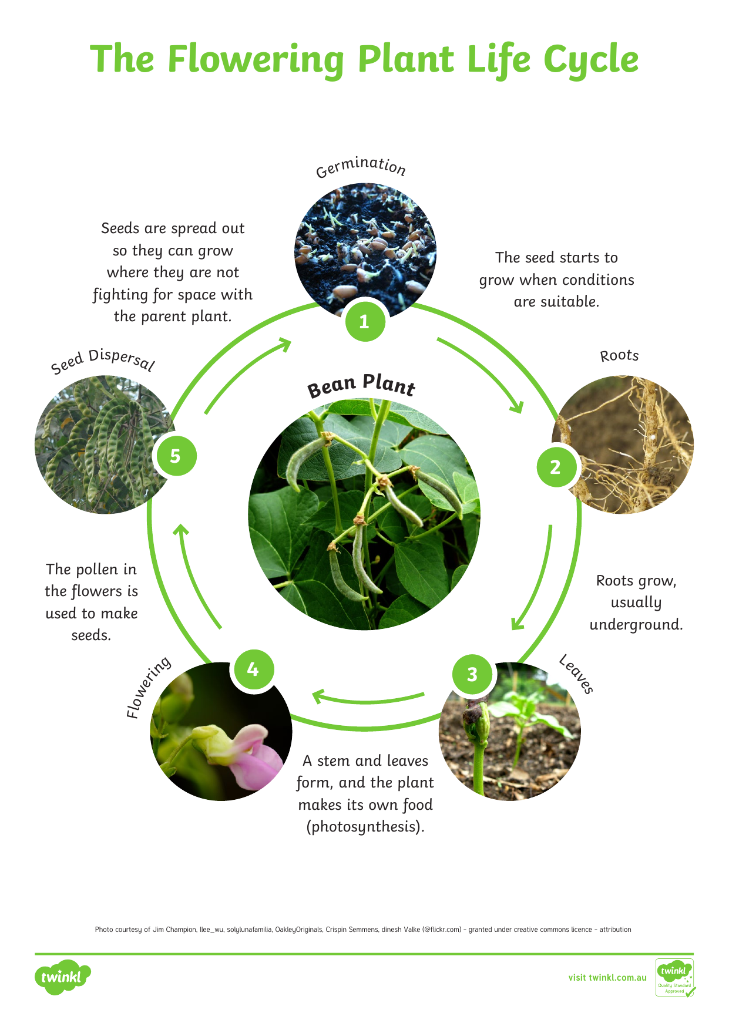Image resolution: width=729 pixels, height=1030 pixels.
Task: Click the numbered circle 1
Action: [365, 321]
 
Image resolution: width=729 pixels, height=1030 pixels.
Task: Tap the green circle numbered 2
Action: [556, 467]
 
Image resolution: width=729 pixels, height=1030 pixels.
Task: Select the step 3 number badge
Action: [472, 674]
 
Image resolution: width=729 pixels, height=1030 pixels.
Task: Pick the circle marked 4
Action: [253, 669]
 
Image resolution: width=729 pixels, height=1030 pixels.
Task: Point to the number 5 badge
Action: [176, 456]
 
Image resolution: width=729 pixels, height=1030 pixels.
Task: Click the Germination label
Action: [361, 166]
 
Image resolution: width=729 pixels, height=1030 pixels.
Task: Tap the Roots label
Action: [619, 356]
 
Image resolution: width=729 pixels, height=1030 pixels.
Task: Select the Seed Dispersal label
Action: [103, 361]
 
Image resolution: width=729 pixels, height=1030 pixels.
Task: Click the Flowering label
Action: [149, 687]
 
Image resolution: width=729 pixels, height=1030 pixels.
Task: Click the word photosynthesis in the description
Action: [364, 827]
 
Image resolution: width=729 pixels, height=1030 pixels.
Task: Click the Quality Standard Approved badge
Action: [675, 978]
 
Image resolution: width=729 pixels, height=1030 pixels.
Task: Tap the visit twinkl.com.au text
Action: [607, 978]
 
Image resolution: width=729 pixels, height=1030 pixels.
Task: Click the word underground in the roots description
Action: [636, 624]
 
